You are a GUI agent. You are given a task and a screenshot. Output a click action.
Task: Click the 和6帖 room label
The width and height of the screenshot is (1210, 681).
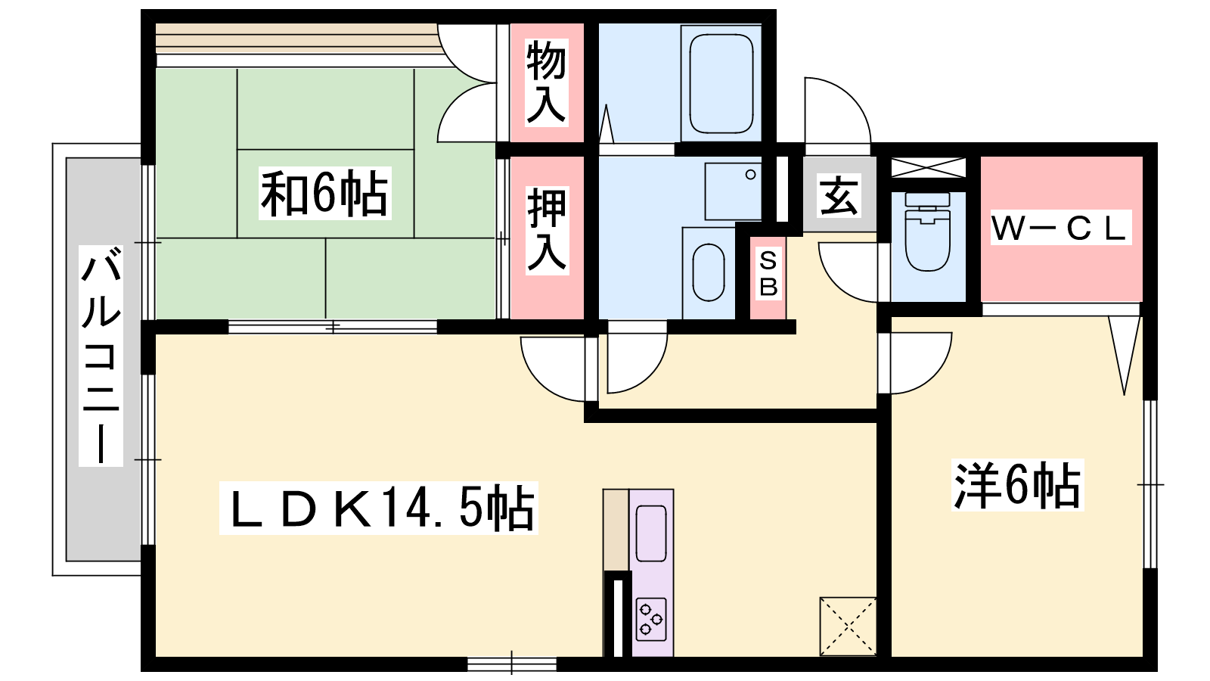point(324,193)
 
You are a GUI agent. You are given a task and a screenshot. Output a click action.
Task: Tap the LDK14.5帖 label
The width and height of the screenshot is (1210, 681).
point(379,508)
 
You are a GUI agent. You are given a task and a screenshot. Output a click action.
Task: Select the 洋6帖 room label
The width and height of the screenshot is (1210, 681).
point(1018,485)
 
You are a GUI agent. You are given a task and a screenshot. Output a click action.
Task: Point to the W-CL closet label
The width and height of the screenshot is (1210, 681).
point(1060,228)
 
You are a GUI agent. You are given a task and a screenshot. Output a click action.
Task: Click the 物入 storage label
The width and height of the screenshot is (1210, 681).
point(547,82)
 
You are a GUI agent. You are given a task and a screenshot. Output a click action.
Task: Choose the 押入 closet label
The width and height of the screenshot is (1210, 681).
point(548,230)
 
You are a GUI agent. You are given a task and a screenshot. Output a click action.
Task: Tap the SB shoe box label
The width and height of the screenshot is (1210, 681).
point(768,273)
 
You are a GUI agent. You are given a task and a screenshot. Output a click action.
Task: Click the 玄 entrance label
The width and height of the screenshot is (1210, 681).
point(839,195)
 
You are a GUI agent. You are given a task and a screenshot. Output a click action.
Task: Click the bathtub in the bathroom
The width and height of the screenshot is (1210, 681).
point(721,84)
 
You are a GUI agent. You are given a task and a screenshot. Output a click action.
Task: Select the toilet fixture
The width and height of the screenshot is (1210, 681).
point(927,232)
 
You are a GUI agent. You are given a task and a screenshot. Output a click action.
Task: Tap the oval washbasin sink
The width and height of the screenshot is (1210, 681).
point(708,272)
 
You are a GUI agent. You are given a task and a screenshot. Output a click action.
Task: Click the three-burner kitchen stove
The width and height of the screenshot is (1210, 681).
point(651,620)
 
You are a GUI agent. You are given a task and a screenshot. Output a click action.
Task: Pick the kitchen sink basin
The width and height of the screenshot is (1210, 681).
point(651,533)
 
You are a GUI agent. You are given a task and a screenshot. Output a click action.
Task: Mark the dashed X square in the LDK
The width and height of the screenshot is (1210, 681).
point(848,627)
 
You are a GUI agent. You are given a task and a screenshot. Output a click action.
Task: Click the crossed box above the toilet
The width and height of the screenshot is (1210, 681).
point(928,167)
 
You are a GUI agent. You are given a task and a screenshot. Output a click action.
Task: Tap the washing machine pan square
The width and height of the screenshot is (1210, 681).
point(733,191)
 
